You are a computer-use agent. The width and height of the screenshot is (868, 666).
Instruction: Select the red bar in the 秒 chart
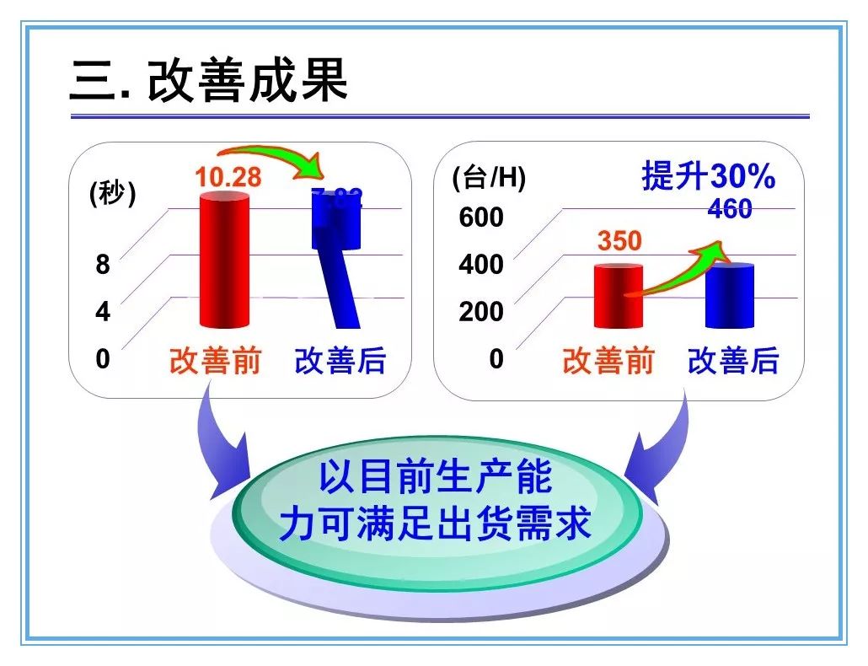click(225, 261)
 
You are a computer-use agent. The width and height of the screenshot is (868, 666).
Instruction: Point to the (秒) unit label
click(112, 194)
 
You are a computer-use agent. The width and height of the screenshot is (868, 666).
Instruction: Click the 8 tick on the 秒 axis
click(103, 265)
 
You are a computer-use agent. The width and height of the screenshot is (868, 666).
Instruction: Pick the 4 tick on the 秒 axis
click(103, 312)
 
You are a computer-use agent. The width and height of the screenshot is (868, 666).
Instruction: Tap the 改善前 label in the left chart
click(216, 360)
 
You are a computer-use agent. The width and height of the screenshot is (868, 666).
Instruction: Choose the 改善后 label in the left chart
click(340, 360)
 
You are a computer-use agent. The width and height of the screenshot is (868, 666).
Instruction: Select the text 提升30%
click(708, 177)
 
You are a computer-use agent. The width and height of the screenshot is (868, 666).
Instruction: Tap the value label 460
click(730, 209)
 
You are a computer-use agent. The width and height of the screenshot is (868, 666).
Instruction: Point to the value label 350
click(619, 241)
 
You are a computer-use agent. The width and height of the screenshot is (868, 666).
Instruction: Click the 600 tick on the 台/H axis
click(480, 218)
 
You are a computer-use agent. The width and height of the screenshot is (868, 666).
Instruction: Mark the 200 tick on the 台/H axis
click(480, 312)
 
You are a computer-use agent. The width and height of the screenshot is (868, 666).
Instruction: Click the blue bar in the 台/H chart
click(730, 297)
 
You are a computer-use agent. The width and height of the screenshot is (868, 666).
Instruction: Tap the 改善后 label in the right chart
click(733, 360)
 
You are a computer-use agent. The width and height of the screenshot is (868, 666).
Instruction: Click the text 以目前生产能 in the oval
click(435, 478)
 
